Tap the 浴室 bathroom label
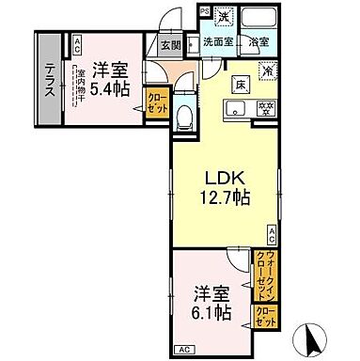coord(258,42)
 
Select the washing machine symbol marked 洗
coord(224,18)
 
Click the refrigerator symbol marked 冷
coord(267,70)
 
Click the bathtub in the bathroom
coord(258,20)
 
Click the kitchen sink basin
coord(233,110)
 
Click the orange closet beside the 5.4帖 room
coord(155,100)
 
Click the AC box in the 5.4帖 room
coord(76,42)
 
